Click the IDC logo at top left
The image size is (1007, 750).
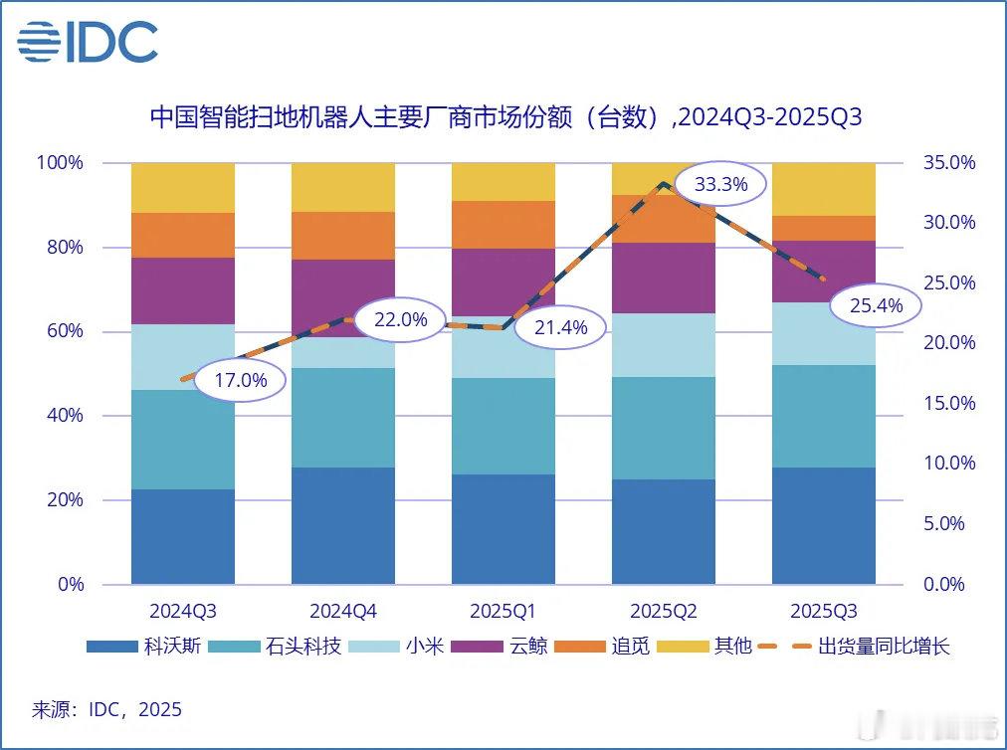pyautogui.click(x=88, y=41)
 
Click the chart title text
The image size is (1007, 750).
pyautogui.click(x=504, y=118)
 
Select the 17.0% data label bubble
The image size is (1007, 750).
pyautogui.click(x=241, y=380)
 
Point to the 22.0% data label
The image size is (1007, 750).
pyautogui.click(x=401, y=319)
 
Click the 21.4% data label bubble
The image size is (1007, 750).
pyautogui.click(x=561, y=327)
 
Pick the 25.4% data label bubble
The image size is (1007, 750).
pyautogui.click(x=877, y=305)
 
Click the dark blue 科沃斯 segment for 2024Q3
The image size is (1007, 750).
pyautogui.click(x=183, y=536)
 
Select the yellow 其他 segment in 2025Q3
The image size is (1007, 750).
pyautogui.click(x=824, y=189)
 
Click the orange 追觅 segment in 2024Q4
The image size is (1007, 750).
pyautogui.click(x=343, y=236)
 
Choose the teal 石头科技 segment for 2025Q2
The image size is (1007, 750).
pyautogui.click(x=664, y=428)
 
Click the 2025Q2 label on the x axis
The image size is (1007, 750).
pyautogui.click(x=664, y=610)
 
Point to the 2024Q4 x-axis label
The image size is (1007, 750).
pyautogui.click(x=343, y=610)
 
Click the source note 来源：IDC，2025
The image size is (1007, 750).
pyautogui.click(x=107, y=709)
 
